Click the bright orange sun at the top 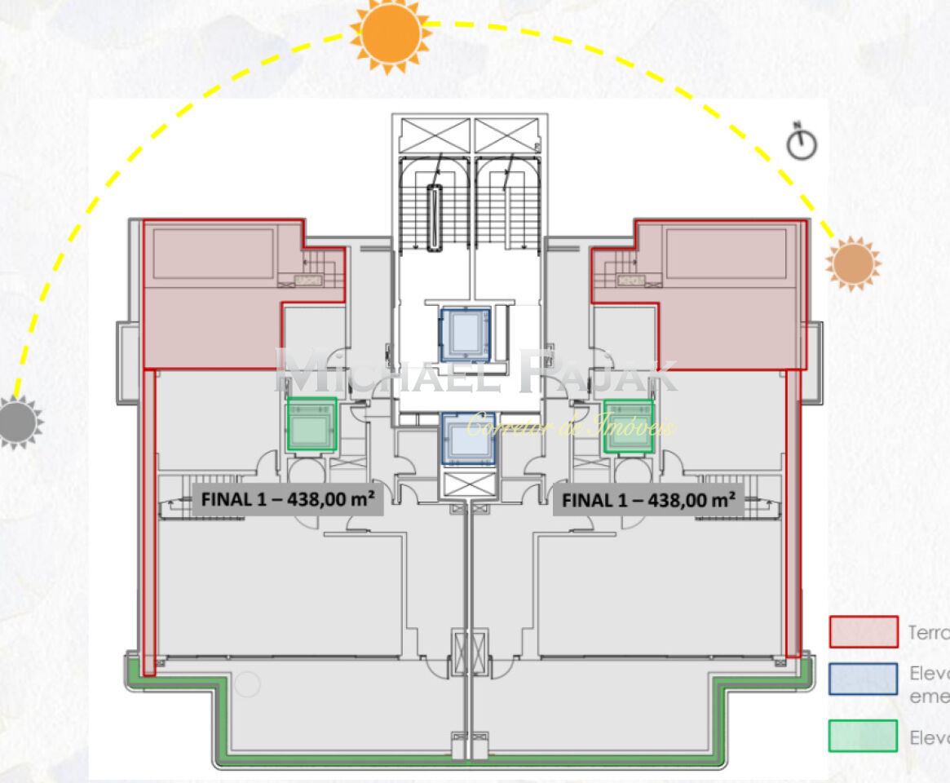click(391, 33)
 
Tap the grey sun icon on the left click(18, 422)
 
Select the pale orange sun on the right click(853, 263)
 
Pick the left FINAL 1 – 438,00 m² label click(288, 500)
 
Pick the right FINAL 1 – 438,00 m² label click(648, 500)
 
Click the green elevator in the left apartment click(312, 424)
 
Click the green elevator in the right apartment click(628, 426)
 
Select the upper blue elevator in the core click(466, 334)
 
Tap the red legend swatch click(863, 632)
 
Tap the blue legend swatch click(863, 679)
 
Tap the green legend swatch click(863, 735)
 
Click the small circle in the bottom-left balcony click(248, 683)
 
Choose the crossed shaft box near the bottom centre click(470, 652)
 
